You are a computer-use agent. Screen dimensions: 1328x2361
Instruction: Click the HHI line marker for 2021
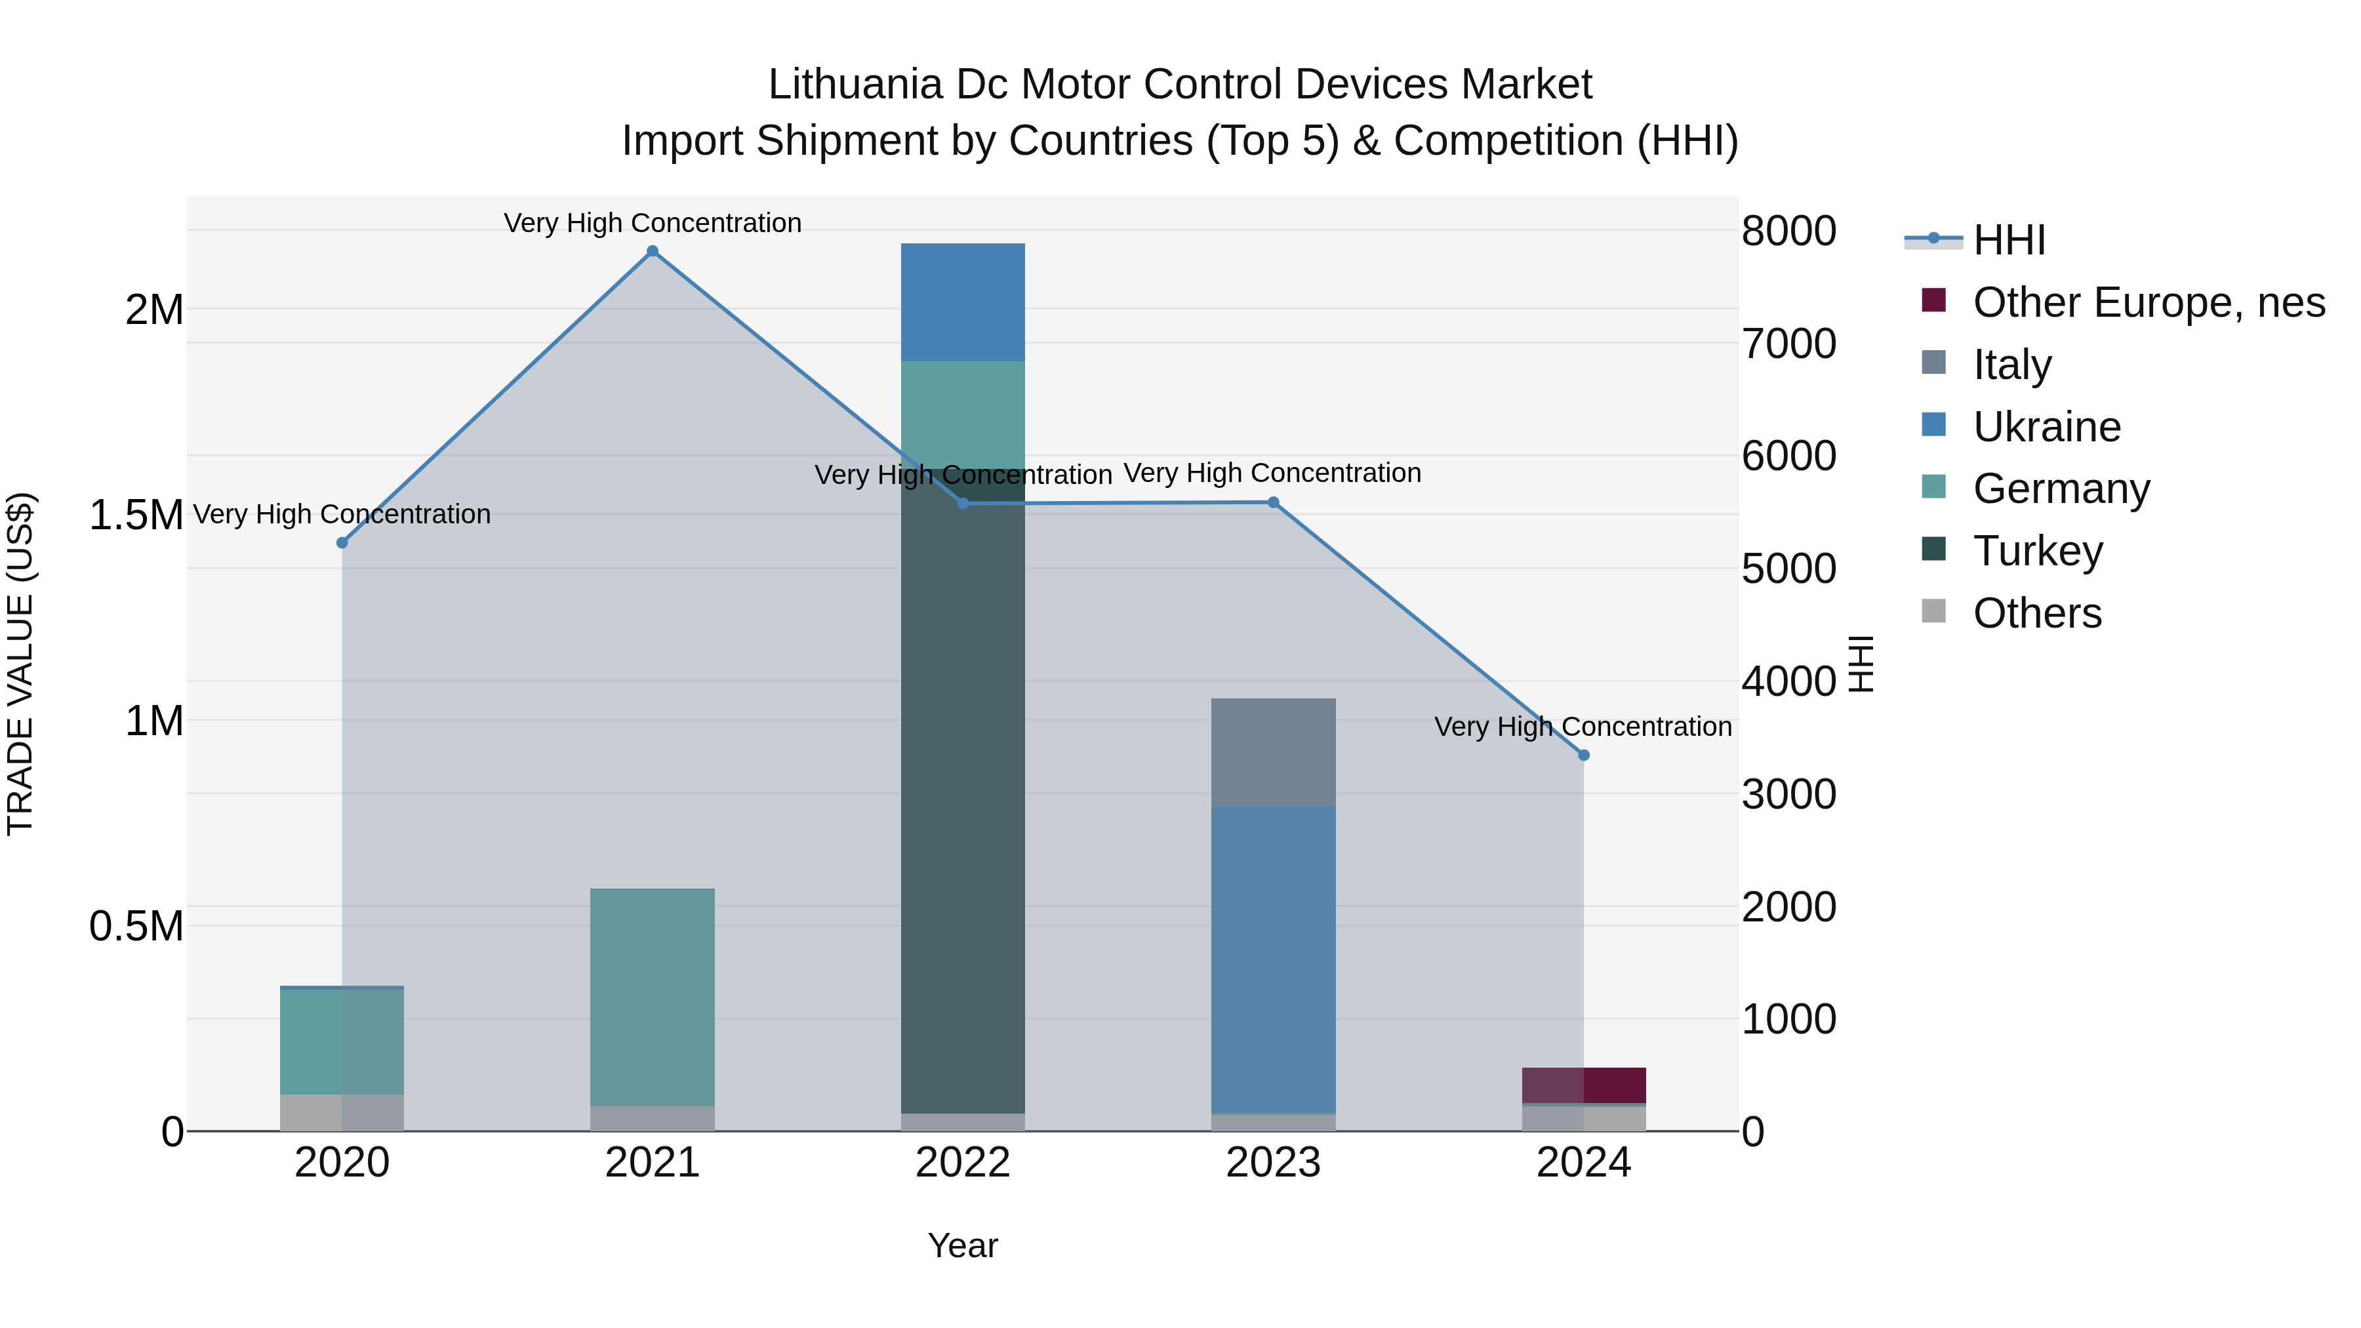653,251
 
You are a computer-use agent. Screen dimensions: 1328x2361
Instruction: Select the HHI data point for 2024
1583,755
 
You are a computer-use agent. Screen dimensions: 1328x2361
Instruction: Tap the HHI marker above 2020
342,542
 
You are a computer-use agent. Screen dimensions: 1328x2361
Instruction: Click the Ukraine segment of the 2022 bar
962,302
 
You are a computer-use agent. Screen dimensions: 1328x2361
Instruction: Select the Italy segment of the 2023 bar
1273,752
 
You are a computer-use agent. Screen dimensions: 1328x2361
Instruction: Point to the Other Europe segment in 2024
1583,1085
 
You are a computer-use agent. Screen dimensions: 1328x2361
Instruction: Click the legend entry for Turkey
2038,551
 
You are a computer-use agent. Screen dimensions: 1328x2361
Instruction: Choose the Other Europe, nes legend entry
2149,302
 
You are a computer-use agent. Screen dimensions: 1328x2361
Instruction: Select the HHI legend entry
2008,240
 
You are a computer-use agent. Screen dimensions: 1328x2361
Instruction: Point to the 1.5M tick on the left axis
136,515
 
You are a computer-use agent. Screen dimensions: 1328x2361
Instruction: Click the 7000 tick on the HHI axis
1788,344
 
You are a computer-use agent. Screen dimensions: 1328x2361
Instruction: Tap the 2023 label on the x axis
1273,1163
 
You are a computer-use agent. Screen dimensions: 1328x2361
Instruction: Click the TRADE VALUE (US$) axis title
20,664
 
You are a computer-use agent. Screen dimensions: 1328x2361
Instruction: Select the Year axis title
962,1245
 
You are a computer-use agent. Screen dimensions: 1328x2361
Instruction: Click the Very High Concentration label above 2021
653,223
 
